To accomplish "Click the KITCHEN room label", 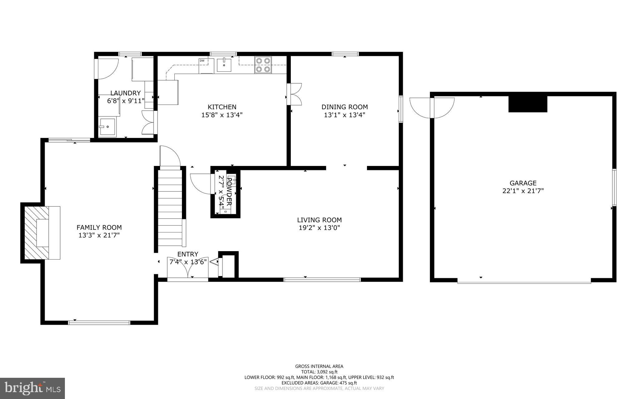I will [222, 107].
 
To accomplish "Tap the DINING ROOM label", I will [344, 107].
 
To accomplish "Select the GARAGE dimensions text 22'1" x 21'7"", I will [523, 191].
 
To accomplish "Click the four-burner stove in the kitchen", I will [263, 65].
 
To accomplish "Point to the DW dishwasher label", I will [202, 61].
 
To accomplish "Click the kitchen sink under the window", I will [224, 65].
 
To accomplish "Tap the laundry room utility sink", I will [107, 127].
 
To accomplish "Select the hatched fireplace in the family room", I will [37, 233].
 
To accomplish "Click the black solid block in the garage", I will [528, 104].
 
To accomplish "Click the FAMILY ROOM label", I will [99, 227].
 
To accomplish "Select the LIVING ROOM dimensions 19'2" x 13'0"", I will [319, 228].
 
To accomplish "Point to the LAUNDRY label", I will [125, 93].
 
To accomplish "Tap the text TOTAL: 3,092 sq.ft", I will [319, 372].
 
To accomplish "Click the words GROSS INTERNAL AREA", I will [319, 366].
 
